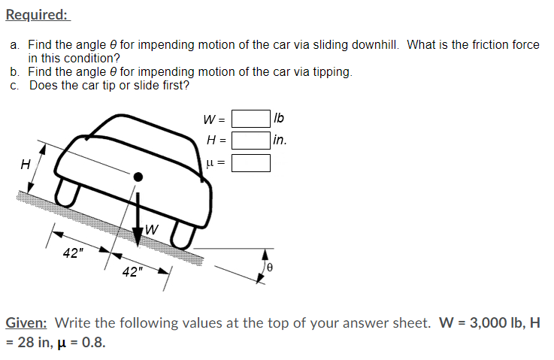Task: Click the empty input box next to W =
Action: pos(250,119)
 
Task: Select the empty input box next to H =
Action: pos(250,140)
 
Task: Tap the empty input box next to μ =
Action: pos(250,162)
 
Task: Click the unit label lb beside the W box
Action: pos(280,119)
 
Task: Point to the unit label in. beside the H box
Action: pos(280,140)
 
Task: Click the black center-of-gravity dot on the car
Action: pos(138,177)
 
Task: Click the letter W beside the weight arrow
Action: pos(153,228)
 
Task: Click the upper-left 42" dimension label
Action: pos(73,253)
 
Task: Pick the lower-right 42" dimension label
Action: pos(132,271)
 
